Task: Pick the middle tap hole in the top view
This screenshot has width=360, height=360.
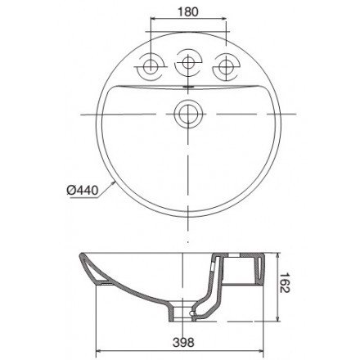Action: tap(190, 63)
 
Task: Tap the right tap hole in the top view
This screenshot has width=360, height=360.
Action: tap(225, 65)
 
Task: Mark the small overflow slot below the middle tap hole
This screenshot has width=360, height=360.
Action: tap(190, 85)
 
